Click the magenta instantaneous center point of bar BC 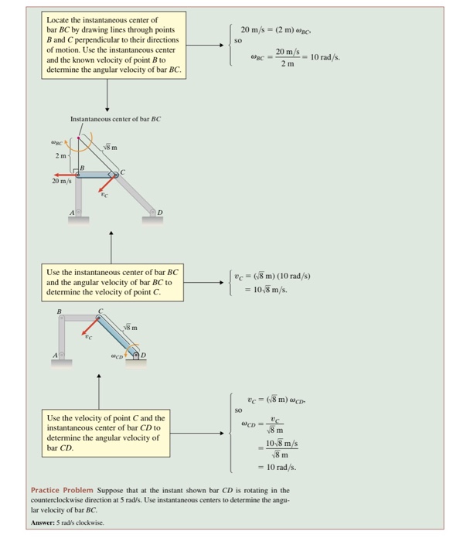pos(78,138)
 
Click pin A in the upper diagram pos(78,212)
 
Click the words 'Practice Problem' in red pos(62,490)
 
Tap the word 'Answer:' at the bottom pos(44,521)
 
